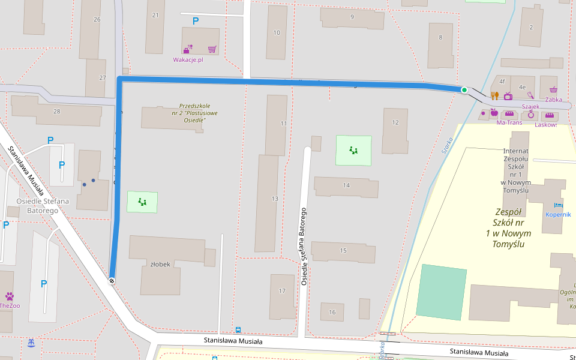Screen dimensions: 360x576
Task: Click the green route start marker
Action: pyautogui.click(x=464, y=90)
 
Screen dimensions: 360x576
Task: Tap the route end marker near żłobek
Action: pyautogui.click(x=112, y=280)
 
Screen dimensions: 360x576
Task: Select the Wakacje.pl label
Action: pyautogui.click(x=188, y=60)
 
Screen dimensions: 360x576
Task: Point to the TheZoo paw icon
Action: pyautogui.click(x=10, y=296)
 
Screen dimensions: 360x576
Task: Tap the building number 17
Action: pyautogui.click(x=282, y=291)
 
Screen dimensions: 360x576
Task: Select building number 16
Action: pyautogui.click(x=332, y=312)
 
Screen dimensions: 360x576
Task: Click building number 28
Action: pyautogui.click(x=57, y=111)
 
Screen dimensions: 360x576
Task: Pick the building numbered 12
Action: pyautogui.click(x=395, y=122)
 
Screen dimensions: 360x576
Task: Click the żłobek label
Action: pyautogui.click(x=160, y=264)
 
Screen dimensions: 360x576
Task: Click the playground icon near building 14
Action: pyautogui.click(x=353, y=150)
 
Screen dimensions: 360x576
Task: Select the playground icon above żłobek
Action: pyautogui.click(x=142, y=202)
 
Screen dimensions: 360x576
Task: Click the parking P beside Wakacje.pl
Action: pyautogui.click(x=195, y=21)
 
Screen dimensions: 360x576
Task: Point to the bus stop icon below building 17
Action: pyautogui.click(x=238, y=330)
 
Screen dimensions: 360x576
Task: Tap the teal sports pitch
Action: pyautogui.click(x=441, y=292)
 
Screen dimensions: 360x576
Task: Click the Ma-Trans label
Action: pyautogui.click(x=509, y=123)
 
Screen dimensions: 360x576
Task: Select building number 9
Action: pyautogui.click(x=352, y=17)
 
